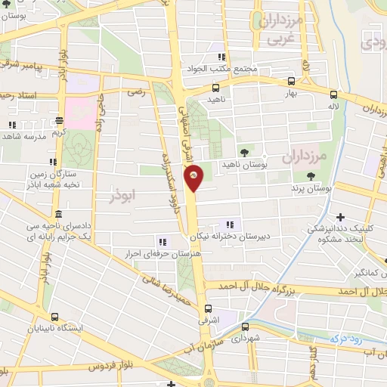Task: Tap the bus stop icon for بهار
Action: (292, 81)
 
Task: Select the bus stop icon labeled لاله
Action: (333, 94)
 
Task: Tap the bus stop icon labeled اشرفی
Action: (207, 308)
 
